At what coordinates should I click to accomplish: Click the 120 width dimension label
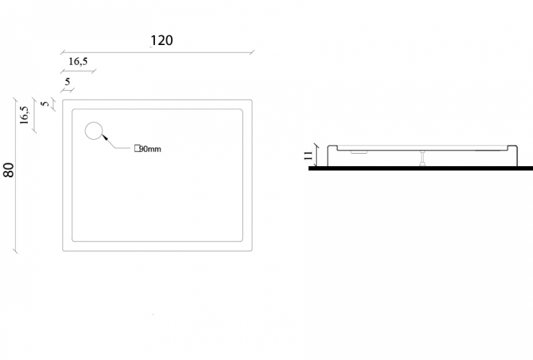(x=161, y=40)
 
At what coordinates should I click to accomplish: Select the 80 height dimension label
(x=9, y=170)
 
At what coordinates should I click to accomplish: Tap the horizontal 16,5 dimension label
(x=78, y=62)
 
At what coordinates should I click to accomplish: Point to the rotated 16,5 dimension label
(x=24, y=115)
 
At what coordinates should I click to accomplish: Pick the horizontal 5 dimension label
(x=67, y=82)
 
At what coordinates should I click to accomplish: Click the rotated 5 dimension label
(x=45, y=103)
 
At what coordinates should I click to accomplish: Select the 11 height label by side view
(x=308, y=156)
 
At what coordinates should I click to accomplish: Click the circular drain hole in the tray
(x=93, y=131)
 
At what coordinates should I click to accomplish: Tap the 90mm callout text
(x=150, y=149)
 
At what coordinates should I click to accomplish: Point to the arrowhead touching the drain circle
(x=105, y=137)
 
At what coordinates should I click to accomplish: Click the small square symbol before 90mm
(x=137, y=148)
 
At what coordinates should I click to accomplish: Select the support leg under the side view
(x=422, y=158)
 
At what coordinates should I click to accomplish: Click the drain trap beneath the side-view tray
(x=359, y=152)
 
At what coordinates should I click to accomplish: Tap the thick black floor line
(x=421, y=168)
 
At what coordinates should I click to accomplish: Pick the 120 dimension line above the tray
(x=157, y=53)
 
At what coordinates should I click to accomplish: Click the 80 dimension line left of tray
(x=15, y=175)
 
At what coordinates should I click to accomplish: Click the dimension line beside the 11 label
(x=317, y=155)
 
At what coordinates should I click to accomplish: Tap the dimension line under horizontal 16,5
(x=78, y=71)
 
